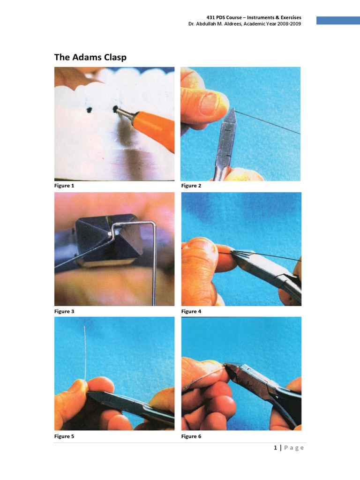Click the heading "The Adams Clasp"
click(x=90, y=57)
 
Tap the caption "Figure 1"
click(x=64, y=186)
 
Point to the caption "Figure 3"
click(x=64, y=311)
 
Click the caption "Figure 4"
click(x=191, y=311)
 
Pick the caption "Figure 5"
click(x=64, y=436)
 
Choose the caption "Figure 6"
click(x=191, y=436)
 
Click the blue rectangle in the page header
click(x=337, y=20)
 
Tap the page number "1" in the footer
click(x=276, y=448)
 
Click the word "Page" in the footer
click(x=294, y=448)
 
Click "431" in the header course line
click(x=217, y=17)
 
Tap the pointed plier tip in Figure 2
click(x=232, y=111)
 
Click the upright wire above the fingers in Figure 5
click(x=85, y=352)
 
